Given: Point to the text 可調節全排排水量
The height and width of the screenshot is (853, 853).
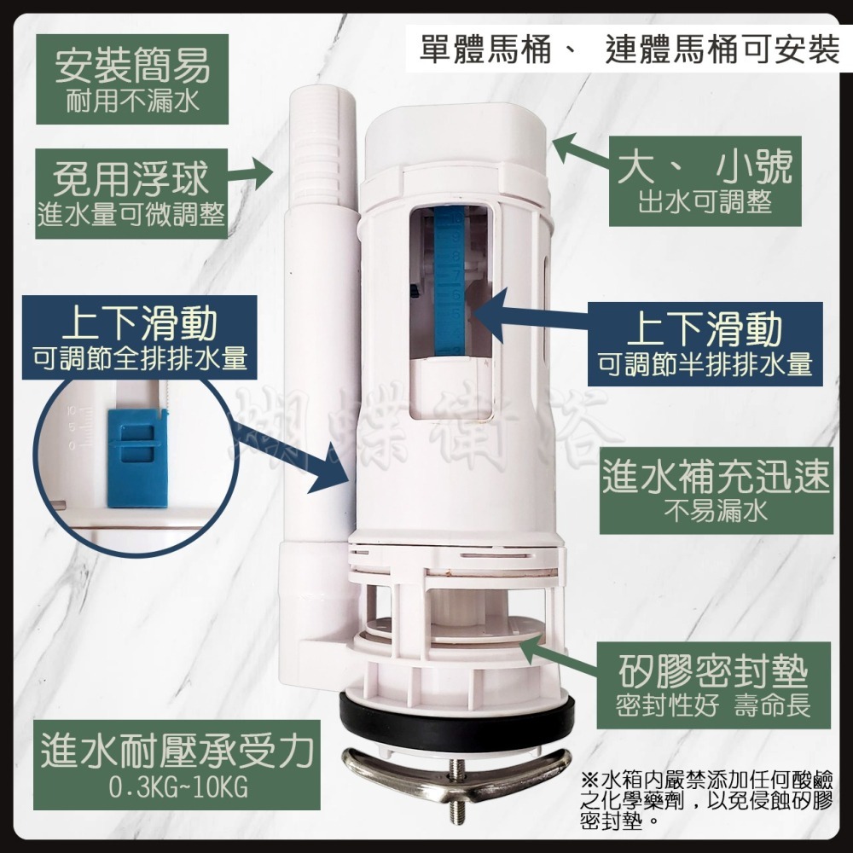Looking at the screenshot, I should [140, 359].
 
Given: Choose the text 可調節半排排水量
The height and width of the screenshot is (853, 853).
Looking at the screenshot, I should [705, 364].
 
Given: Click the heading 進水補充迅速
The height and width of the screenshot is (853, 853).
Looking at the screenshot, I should [715, 476].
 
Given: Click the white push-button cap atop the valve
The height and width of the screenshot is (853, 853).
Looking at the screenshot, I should [456, 136].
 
